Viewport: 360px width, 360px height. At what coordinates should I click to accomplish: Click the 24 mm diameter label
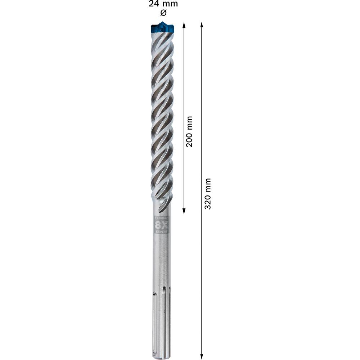163,4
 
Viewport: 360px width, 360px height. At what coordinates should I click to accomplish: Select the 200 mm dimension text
189,131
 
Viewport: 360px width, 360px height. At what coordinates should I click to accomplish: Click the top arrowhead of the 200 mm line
184,25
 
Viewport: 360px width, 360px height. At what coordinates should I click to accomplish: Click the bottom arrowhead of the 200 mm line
184,212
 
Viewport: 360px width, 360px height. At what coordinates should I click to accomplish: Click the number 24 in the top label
154,4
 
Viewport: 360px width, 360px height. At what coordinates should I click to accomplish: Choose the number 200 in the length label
189,138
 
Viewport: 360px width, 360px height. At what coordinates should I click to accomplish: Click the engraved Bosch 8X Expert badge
161,225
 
